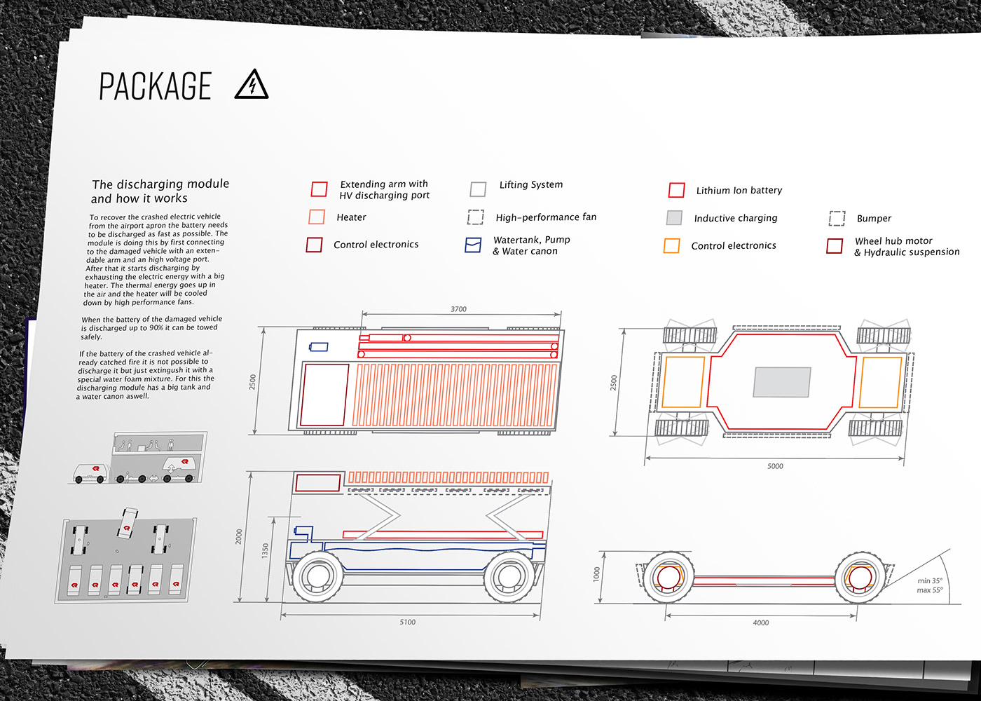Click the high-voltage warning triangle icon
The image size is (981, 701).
coord(252,84)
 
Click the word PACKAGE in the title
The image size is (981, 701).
coord(156,86)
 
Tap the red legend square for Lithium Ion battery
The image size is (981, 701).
coord(676,190)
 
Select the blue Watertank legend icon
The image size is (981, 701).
coord(473,245)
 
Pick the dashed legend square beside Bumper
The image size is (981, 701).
coord(837,218)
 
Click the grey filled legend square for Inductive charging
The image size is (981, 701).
coord(674,218)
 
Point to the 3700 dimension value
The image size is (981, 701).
coord(458,309)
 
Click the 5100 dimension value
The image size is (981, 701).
coord(407,622)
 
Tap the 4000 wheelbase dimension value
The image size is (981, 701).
coord(761,622)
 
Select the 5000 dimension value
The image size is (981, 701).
coord(775,466)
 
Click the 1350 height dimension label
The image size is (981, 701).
coord(265,551)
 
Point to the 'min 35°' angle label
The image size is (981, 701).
coord(929,580)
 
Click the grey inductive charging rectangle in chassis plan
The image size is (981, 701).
coord(782,382)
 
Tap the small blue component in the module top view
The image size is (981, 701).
coord(318,347)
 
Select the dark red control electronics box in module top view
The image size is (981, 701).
coord(324,395)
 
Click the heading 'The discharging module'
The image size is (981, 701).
coord(160,184)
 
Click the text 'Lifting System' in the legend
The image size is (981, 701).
coord(531,185)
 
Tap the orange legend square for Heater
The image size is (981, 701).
coord(317,217)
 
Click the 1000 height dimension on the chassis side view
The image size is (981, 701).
coord(596,574)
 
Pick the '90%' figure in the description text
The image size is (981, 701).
coord(157,328)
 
